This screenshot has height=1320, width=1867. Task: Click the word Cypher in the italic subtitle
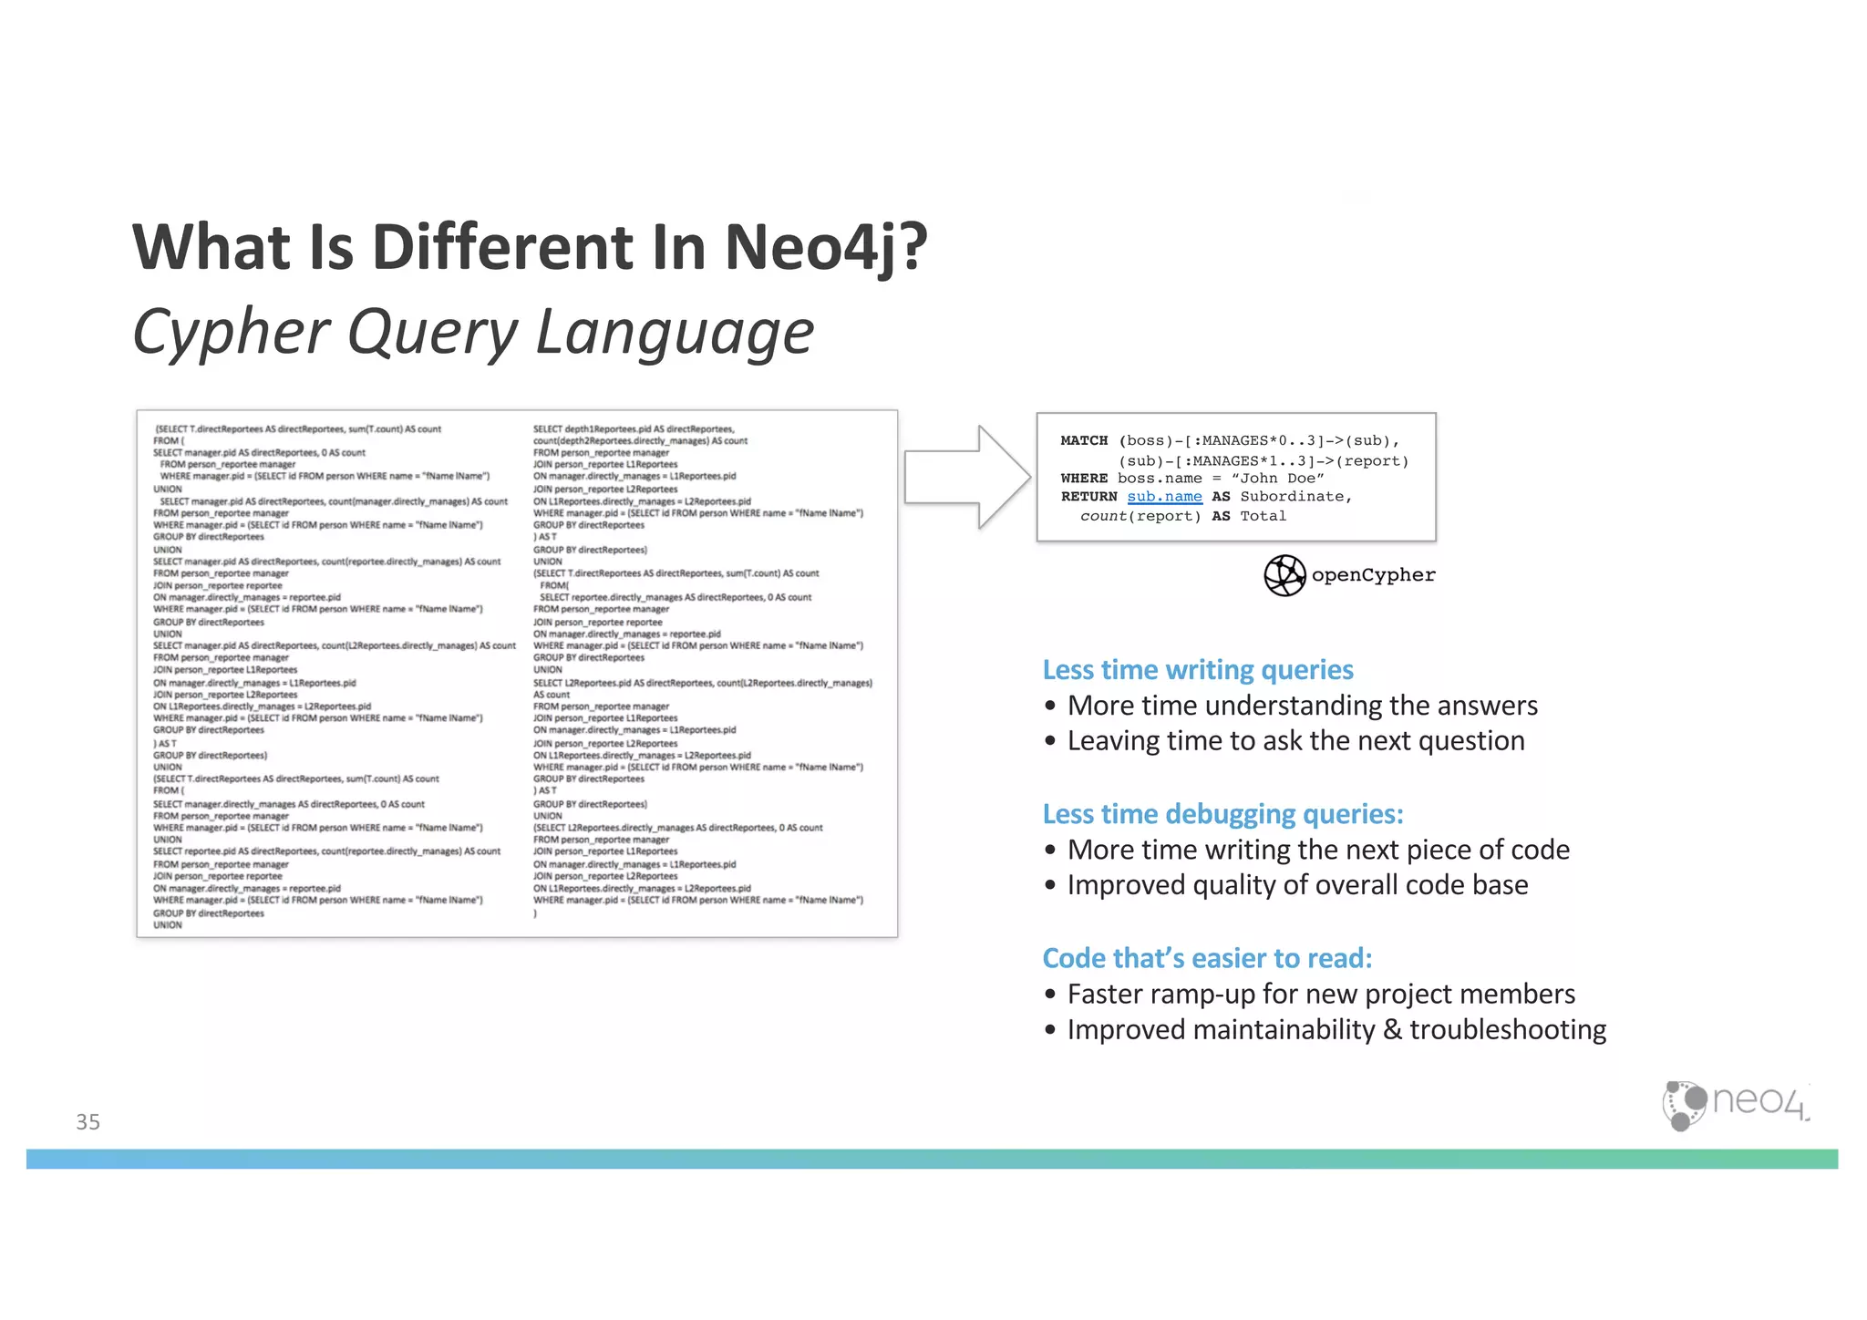(x=231, y=332)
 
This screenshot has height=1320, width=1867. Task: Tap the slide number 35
(x=88, y=1121)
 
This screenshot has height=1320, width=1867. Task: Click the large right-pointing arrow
(x=966, y=477)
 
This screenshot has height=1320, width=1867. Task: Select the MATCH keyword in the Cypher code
(x=1084, y=440)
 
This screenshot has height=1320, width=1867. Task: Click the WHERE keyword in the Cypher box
(x=1084, y=479)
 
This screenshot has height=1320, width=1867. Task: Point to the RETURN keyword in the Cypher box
(x=1088, y=497)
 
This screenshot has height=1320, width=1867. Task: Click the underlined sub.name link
(x=1164, y=497)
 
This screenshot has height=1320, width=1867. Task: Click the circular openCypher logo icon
(x=1284, y=575)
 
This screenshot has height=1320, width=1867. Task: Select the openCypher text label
(x=1373, y=575)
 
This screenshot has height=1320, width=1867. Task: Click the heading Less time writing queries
(x=1197, y=670)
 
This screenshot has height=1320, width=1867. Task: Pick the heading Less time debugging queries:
(x=1222, y=814)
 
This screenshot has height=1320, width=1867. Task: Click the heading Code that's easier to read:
(x=1207, y=958)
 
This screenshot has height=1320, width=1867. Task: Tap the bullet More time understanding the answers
(x=1302, y=706)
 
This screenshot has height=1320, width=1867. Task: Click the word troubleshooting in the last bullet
(x=1508, y=1030)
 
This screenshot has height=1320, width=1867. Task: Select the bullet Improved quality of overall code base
(x=1297, y=885)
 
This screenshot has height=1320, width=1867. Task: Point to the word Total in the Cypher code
(x=1263, y=516)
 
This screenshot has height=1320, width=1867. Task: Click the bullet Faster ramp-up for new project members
(x=1321, y=994)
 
